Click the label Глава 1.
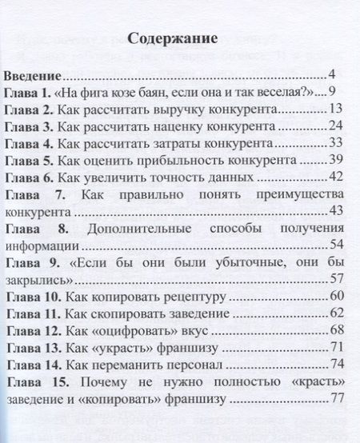(30, 93)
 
